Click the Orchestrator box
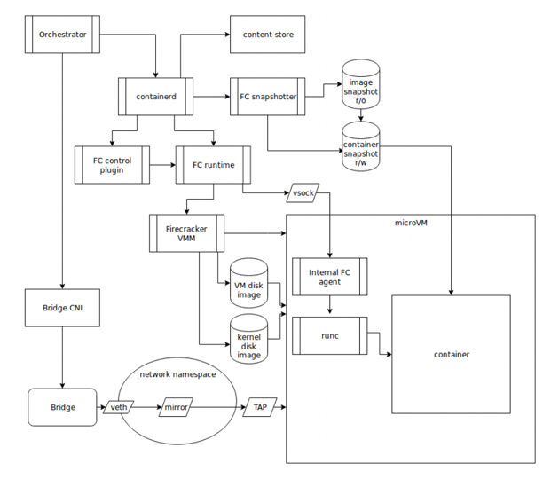coord(62,35)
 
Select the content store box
coord(268,35)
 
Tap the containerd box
coord(156,97)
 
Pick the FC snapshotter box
coord(268,97)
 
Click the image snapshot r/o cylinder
coord(361,84)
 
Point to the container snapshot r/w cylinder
coord(361,146)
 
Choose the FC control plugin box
coord(112,165)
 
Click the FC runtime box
coord(213,165)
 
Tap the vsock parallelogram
coord(303,192)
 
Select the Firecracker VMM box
coord(186,233)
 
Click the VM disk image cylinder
coord(249,283)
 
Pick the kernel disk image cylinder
coord(249,339)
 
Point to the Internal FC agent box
coord(330,277)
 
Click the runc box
coord(330,335)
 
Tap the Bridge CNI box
coord(62,308)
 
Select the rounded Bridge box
coord(62,407)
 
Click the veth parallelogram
coord(118,407)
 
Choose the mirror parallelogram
coord(176,407)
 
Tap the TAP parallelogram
coord(260,407)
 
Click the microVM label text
coord(411,223)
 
